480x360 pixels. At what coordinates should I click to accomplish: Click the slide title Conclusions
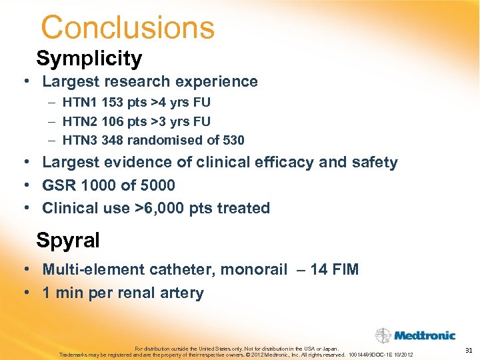click(127, 28)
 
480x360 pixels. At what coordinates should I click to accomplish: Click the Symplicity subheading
click(89, 59)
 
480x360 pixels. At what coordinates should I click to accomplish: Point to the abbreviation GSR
click(59, 185)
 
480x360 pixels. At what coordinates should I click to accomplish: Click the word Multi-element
click(88, 269)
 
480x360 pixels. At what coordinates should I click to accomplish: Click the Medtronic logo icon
click(383, 335)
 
